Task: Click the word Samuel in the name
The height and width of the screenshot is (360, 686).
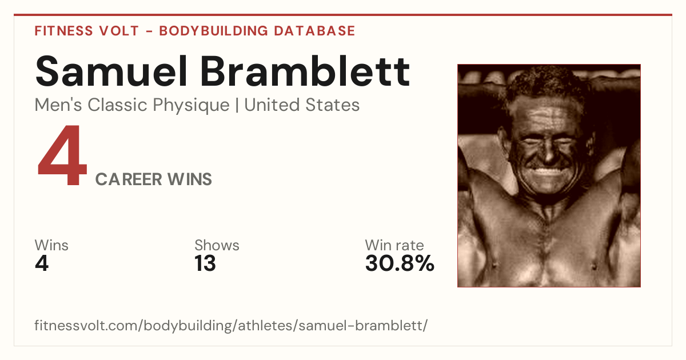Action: pyautogui.click(x=111, y=71)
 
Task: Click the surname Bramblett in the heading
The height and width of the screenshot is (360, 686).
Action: pyautogui.click(x=305, y=71)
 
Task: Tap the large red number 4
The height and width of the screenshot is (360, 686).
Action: pyautogui.click(x=62, y=155)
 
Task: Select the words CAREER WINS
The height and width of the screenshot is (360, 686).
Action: pyautogui.click(x=153, y=179)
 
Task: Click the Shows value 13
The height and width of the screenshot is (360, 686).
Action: pyautogui.click(x=205, y=263)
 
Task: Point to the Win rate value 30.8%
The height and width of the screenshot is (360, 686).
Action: pyautogui.click(x=400, y=263)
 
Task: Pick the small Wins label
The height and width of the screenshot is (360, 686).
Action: pyautogui.click(x=51, y=245)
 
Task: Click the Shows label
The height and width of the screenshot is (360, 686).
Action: pyautogui.click(x=217, y=245)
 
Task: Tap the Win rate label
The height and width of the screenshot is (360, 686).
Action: pyautogui.click(x=394, y=245)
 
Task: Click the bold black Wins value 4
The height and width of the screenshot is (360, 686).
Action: pyautogui.click(x=42, y=263)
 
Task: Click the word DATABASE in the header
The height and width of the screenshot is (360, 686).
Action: pyautogui.click(x=314, y=31)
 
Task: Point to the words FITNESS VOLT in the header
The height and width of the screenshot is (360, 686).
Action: pyautogui.click(x=87, y=31)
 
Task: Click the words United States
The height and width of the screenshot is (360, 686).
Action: pyautogui.click(x=302, y=105)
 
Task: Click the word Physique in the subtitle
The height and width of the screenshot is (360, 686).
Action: pyautogui.click(x=191, y=106)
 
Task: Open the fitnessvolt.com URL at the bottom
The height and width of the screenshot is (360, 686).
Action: pyautogui.click(x=231, y=325)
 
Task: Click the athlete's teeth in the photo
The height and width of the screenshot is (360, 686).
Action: pyautogui.click(x=549, y=171)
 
